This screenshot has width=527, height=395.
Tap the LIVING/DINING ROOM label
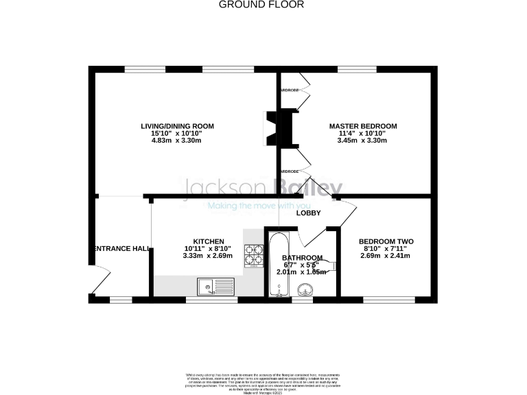(177, 126)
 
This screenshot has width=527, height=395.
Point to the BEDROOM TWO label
(386, 241)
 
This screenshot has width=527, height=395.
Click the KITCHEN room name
(208, 241)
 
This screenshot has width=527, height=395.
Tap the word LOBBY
(308, 213)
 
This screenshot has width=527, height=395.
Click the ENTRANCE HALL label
(121, 248)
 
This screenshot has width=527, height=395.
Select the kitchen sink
(215, 285)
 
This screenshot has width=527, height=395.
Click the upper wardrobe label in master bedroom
(288, 90)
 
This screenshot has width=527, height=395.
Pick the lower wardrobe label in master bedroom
(288, 171)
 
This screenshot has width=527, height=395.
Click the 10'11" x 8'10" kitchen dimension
(208, 249)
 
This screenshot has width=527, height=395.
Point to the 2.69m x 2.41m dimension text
(385, 256)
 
